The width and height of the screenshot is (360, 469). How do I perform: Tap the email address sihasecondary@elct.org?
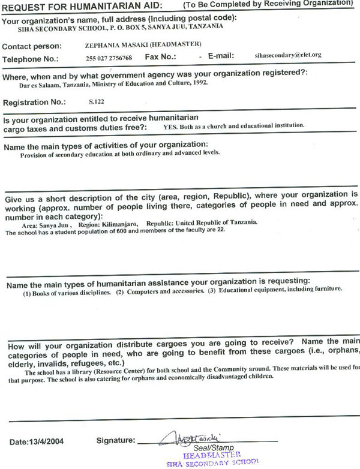288,55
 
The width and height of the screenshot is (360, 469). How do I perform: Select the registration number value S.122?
95,103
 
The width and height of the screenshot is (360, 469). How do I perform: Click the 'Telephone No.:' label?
31,59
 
